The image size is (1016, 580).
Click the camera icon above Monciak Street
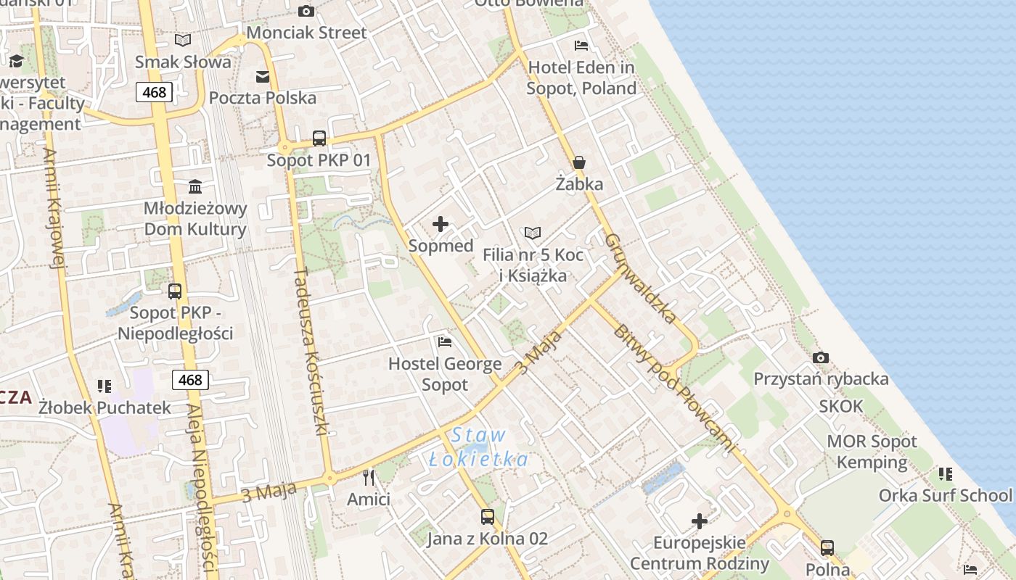(306, 11)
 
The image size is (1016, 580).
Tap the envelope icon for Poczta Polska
(263, 76)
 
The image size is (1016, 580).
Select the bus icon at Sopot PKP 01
(319, 138)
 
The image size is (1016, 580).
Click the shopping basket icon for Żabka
(579, 162)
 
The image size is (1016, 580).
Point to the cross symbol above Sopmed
(441, 224)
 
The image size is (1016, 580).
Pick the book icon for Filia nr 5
(533, 233)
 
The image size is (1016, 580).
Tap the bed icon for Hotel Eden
(581, 46)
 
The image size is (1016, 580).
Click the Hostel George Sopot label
(445, 374)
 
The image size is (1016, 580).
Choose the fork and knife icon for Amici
(369, 477)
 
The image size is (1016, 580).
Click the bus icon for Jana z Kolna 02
(488, 517)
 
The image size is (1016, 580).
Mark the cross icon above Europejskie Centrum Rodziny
(700, 521)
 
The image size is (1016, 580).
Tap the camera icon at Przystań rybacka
(821, 357)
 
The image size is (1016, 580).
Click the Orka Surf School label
(945, 495)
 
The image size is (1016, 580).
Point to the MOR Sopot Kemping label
(872, 452)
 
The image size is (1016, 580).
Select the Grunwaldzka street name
(642, 278)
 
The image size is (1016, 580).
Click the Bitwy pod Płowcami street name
(674, 388)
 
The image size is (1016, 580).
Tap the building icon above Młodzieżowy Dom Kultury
(195, 187)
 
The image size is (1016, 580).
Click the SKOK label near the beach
(841, 406)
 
